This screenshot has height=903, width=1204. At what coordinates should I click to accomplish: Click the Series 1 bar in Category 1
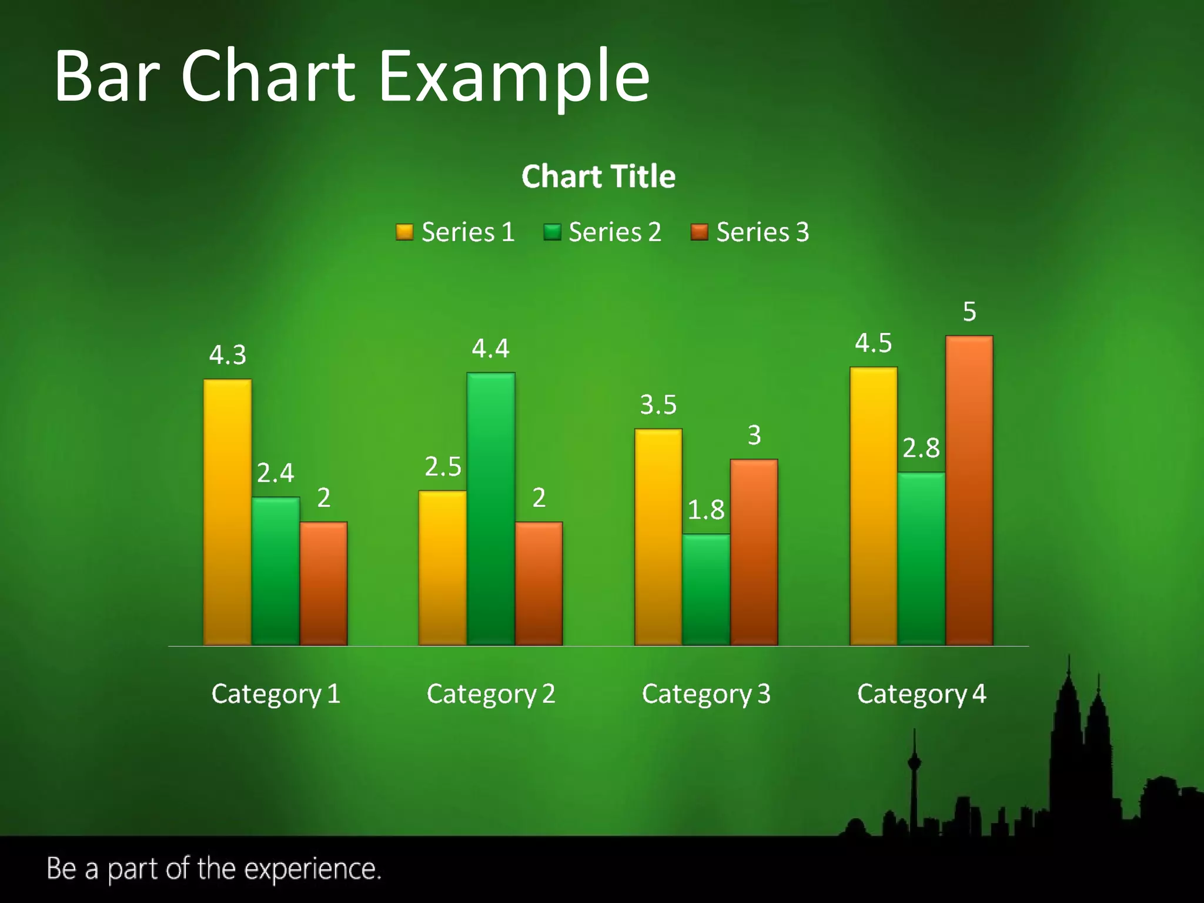(228, 512)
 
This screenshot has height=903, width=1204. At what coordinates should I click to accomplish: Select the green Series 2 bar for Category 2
(491, 509)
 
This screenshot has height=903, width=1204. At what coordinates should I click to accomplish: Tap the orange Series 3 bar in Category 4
(969, 490)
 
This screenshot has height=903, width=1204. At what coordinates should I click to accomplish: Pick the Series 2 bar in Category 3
(706, 589)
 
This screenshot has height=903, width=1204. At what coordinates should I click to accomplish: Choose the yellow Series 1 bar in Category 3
(658, 537)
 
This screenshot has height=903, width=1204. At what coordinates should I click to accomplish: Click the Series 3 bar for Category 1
(323, 583)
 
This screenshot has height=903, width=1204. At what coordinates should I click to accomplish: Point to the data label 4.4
(490, 349)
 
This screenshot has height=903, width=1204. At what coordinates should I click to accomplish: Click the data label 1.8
(706, 510)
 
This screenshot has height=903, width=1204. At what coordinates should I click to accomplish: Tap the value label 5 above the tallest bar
(969, 312)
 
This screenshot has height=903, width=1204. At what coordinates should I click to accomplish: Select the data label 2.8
(921, 449)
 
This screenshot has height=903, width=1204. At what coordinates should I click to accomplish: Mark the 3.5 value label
(658, 405)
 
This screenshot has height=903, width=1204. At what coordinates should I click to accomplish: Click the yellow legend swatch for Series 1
(404, 232)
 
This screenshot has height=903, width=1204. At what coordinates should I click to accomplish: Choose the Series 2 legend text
(615, 232)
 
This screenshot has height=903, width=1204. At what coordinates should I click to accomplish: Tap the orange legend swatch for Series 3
(699, 232)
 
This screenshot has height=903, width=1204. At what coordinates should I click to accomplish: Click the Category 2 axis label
(491, 694)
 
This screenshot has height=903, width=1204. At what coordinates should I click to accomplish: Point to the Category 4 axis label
(921, 694)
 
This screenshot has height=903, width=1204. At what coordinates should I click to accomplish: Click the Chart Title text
(598, 176)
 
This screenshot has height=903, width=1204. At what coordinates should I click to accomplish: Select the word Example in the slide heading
(514, 76)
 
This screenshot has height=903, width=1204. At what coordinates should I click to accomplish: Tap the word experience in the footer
(312, 869)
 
